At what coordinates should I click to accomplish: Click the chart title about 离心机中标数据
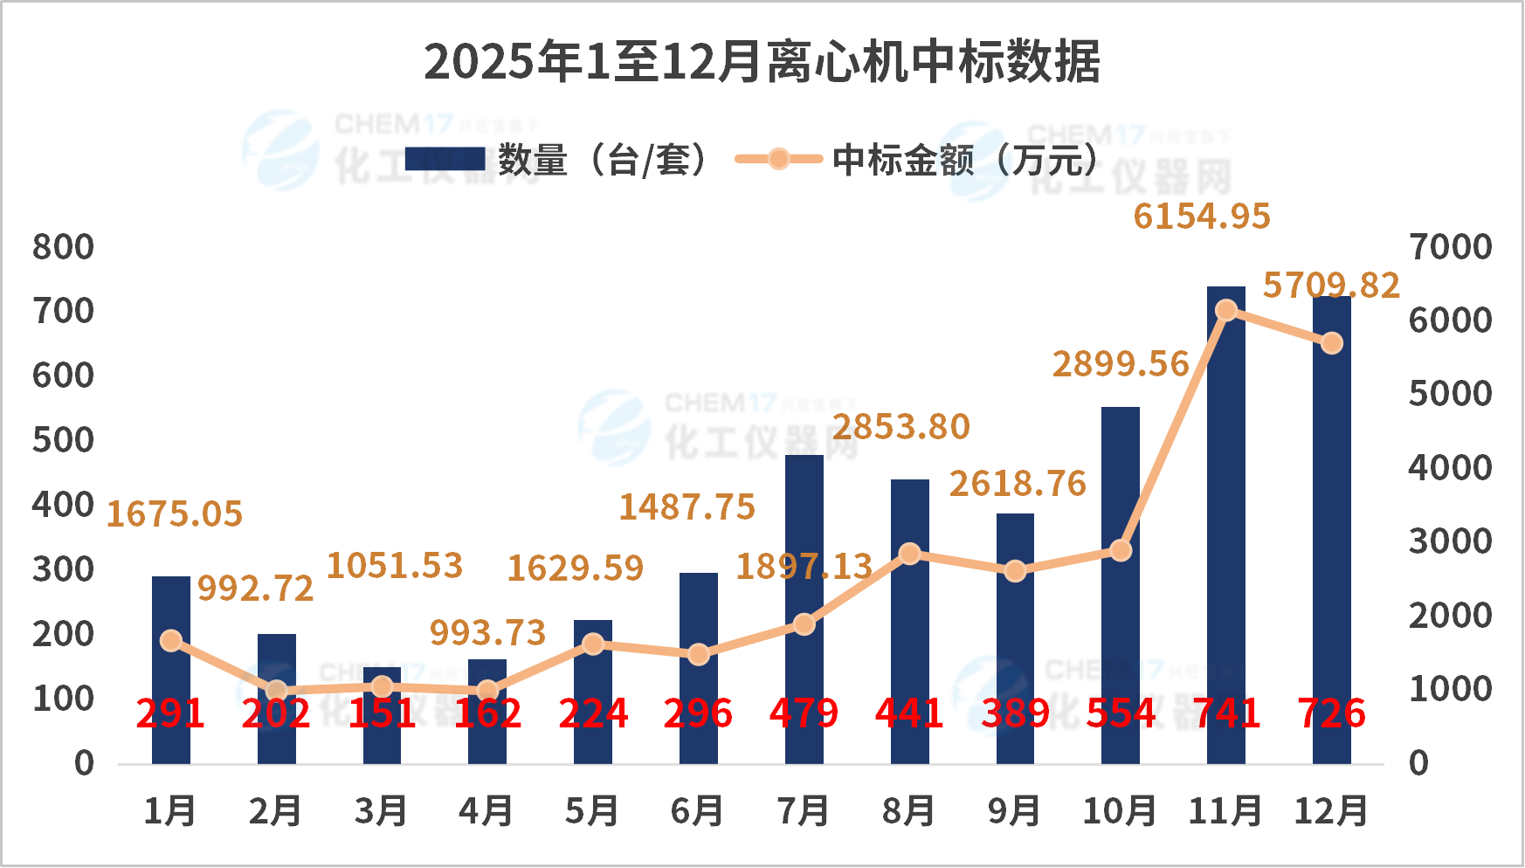pyautogui.click(x=762, y=62)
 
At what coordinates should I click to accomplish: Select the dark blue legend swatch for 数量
pyautogui.click(x=445, y=159)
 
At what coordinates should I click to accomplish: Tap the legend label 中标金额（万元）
pyautogui.click(x=965, y=160)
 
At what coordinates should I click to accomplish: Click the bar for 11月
pyautogui.click(x=1225, y=524)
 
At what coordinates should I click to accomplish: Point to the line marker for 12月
pyautogui.click(x=1331, y=343)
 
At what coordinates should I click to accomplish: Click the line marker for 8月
pyautogui.click(x=909, y=554)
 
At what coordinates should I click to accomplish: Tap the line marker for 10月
pyautogui.click(x=1121, y=550)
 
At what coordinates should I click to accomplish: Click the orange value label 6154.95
pyautogui.click(x=1202, y=217)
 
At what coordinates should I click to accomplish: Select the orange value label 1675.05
pyautogui.click(x=175, y=514)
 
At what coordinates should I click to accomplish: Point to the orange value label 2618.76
pyautogui.click(x=1018, y=484)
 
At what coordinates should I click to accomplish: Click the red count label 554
pyautogui.click(x=1121, y=713)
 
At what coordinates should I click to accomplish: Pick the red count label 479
pyautogui.click(x=804, y=713)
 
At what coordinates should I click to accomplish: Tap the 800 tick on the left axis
pyautogui.click(x=63, y=247)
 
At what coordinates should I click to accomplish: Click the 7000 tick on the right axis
pyautogui.click(x=1451, y=247)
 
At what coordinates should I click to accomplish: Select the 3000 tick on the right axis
pyautogui.click(x=1451, y=541)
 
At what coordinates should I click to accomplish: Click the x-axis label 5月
pyautogui.click(x=592, y=811)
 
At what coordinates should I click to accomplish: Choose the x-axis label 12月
pyautogui.click(x=1331, y=811)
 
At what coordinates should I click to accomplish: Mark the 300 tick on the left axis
pyautogui.click(x=63, y=569)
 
